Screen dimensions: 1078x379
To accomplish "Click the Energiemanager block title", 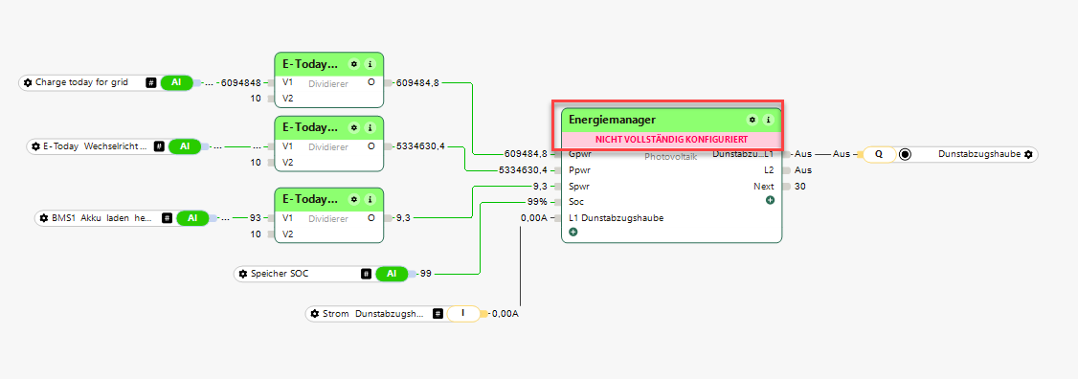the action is coord(601,120).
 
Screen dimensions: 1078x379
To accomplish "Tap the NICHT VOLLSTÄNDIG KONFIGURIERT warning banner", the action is coord(671,140).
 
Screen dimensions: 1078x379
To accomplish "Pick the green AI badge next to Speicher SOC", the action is coord(392,274).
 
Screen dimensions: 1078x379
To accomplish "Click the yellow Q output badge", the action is coord(879,154).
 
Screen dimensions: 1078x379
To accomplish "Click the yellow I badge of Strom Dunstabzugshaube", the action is coord(462,314).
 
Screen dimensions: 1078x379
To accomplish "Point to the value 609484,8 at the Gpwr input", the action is coord(526,153).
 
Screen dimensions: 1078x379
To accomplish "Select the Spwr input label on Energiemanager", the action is coord(579,187).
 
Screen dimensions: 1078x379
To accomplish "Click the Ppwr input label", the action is coord(579,170).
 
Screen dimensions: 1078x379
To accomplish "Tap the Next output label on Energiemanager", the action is coord(763,187).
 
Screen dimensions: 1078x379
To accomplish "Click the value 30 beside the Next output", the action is coord(800,187).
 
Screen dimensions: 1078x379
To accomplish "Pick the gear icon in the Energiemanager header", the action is coord(752,121).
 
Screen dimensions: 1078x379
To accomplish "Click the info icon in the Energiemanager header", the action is coord(768,121).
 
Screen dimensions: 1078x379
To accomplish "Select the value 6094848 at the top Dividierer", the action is coord(240,82).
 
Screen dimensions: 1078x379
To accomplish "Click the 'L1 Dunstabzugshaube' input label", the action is coord(616,218).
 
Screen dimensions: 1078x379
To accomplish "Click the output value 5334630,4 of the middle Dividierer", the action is coord(420,145).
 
